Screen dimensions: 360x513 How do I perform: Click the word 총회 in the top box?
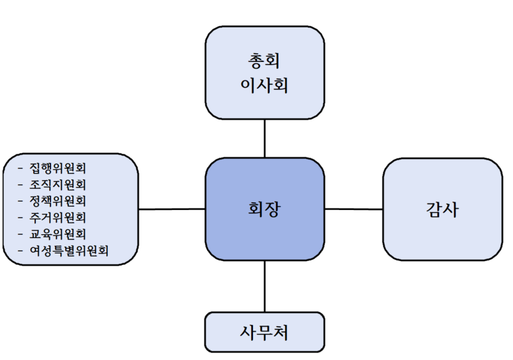[264, 61]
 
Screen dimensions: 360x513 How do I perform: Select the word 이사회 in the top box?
[264, 84]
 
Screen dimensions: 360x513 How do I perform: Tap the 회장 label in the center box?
[264, 209]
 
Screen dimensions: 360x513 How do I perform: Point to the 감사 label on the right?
[441, 209]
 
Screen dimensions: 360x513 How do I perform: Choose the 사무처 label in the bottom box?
[264, 332]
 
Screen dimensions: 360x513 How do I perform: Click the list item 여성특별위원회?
[68, 250]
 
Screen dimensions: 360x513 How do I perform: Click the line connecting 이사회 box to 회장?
[264, 139]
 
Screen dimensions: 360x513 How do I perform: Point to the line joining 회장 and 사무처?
[264, 287]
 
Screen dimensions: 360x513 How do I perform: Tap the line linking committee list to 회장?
[172, 209]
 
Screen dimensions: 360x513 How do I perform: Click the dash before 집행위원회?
[21, 169]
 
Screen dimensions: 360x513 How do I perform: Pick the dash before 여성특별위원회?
[21, 250]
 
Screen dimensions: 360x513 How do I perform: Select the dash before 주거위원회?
[21, 218]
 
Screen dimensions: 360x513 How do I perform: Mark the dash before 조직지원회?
[21, 185]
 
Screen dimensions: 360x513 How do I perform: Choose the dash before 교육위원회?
[21, 234]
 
